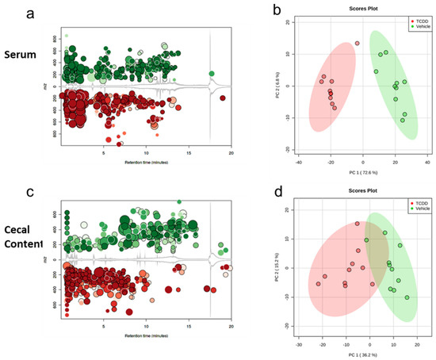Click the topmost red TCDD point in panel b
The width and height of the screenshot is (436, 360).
click(x=358, y=44)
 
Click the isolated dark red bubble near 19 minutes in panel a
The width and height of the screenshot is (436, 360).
click(x=223, y=98)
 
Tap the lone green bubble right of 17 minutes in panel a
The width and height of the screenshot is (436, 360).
click(x=212, y=74)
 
